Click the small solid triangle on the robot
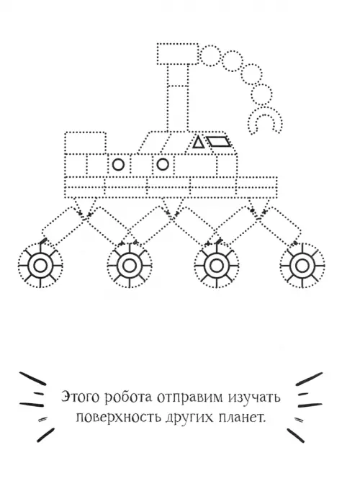tap(197, 143)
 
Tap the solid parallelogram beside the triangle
tap(219, 141)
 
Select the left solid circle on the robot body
tap(118, 165)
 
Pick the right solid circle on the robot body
tap(163, 164)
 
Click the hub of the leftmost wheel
tap(40, 266)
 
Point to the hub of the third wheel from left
tap(216, 266)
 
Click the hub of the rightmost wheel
tap(302, 266)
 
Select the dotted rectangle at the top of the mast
tap(178, 54)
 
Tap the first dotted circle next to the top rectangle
tap(210, 55)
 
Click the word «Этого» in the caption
tap(81, 397)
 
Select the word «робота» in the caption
tap(129, 397)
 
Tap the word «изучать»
tap(254, 397)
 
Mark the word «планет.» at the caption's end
tap(243, 417)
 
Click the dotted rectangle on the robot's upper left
tap(86, 143)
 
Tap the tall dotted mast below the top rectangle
tap(178, 98)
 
